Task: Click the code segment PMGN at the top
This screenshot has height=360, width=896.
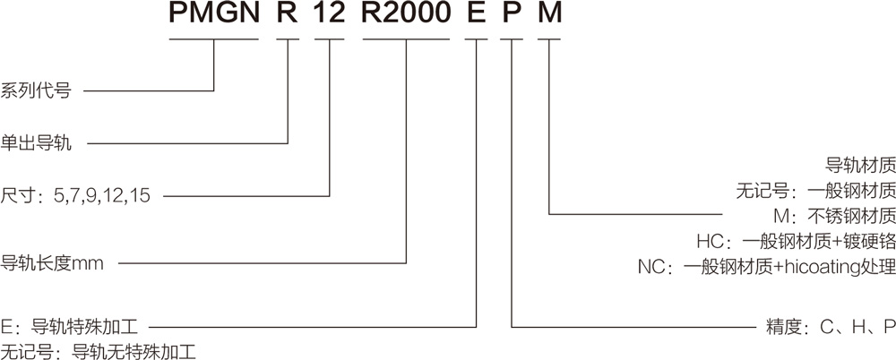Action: pos(214,16)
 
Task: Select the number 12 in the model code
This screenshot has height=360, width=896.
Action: pos(331,16)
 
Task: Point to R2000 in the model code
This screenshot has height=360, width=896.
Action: pos(407,16)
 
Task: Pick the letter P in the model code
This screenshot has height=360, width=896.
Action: pos(512,16)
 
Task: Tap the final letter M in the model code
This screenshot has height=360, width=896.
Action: pos(548,16)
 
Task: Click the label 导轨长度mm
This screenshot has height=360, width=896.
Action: pos(54,263)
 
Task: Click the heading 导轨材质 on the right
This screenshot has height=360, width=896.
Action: pos(859,166)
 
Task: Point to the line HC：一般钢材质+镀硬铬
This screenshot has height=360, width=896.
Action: pos(796,241)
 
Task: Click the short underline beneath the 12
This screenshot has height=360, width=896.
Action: pos(331,39)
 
